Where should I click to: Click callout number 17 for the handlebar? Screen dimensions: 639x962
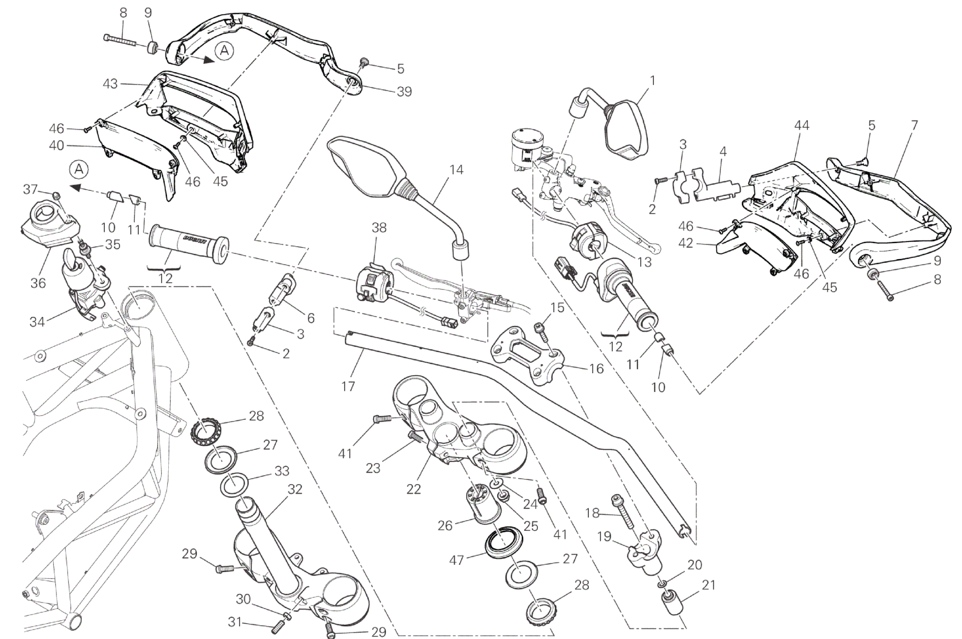click(348, 386)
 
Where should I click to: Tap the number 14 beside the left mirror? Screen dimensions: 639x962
click(456, 170)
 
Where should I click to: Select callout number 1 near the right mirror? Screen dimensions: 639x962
click(652, 80)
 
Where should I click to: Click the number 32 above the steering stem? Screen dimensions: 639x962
click(295, 489)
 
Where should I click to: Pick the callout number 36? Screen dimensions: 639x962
click(39, 283)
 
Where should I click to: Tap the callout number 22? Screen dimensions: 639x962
click(414, 489)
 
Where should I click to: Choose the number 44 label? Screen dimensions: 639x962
click(801, 125)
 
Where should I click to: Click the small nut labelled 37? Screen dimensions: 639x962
click(57, 195)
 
